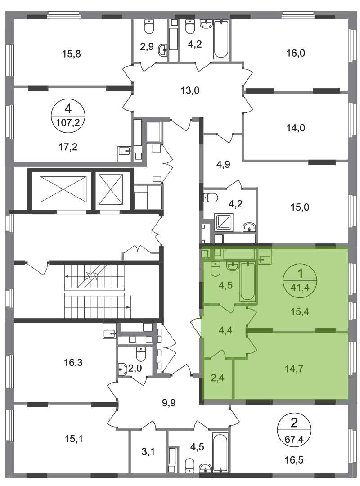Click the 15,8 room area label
(71, 54)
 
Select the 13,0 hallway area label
(190, 90)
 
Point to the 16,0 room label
(296, 53)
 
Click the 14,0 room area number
(296, 128)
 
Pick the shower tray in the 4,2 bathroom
(224, 222)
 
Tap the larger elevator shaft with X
(63, 189)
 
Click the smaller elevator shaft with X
(111, 189)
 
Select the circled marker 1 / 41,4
(300, 281)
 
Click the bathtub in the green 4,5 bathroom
(247, 281)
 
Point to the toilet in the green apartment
(215, 269)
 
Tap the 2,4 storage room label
(217, 378)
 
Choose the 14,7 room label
(294, 369)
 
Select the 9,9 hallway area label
(169, 403)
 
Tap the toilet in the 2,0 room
(141, 354)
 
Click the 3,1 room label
(148, 452)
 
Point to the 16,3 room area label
(73, 362)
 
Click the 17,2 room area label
(68, 147)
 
